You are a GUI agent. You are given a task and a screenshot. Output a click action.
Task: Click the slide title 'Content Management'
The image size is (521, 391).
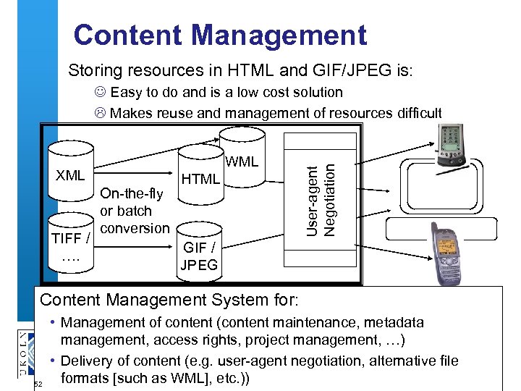click(x=220, y=35)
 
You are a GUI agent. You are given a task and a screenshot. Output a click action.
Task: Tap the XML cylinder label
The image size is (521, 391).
click(x=70, y=175)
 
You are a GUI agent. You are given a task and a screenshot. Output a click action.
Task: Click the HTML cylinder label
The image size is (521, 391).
click(x=200, y=178)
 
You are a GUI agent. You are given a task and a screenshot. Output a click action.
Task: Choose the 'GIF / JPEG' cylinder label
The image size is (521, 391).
click(x=198, y=256)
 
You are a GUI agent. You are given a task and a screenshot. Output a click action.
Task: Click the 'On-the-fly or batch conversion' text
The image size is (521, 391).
click(x=134, y=211)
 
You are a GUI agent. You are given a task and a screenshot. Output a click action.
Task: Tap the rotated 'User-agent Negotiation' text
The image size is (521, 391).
click(x=320, y=200)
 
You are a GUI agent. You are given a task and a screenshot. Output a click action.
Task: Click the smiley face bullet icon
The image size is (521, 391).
click(x=100, y=93)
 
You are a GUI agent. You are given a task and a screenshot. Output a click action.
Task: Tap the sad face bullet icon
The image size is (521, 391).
click(x=100, y=113)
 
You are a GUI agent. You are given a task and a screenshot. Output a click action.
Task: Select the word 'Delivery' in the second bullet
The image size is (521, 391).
click(x=86, y=361)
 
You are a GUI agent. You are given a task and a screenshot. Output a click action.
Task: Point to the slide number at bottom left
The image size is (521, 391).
click(x=39, y=384)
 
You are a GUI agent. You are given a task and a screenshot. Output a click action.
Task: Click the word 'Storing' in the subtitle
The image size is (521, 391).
click(x=93, y=71)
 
